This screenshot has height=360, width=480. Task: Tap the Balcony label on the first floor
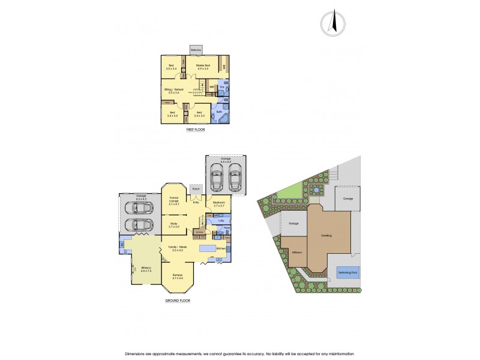coord(196,50)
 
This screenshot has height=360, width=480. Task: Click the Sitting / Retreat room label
coord(172,91)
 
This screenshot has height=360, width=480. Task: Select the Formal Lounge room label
coord(175,201)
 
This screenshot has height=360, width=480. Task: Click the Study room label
coord(174,226)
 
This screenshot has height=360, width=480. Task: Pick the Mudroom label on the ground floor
coord(218,204)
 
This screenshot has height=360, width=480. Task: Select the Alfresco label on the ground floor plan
coord(145,269)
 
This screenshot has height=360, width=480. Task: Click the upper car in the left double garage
coord(137,208)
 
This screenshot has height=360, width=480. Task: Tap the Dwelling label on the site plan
coord(326,236)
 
